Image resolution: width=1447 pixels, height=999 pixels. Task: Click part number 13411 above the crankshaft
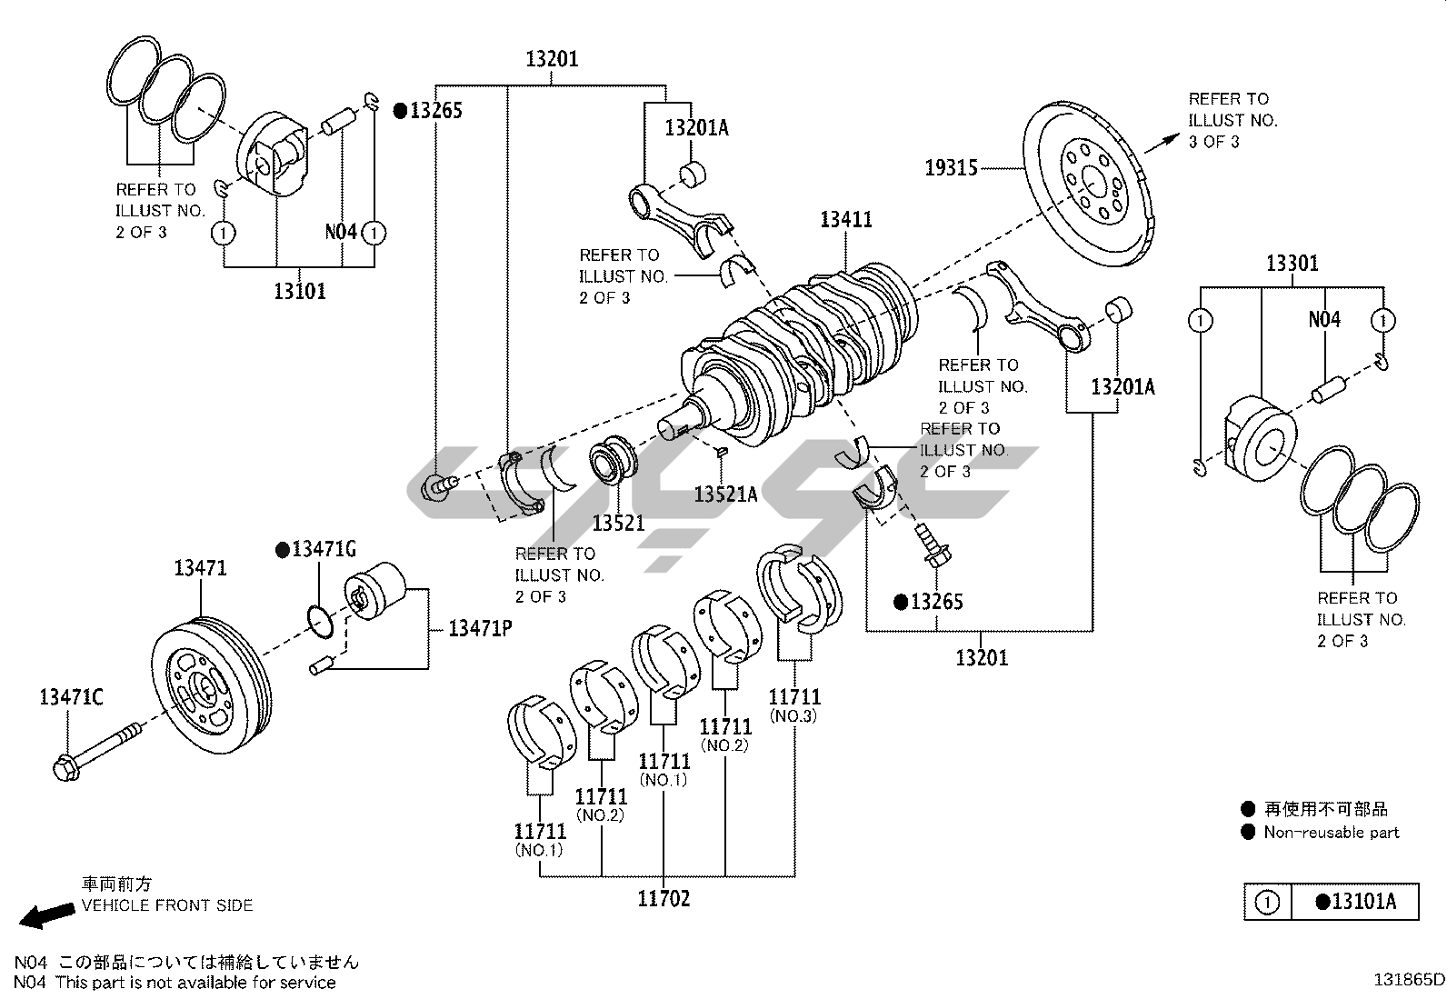point(845,219)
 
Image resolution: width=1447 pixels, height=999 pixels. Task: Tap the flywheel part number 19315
point(951,167)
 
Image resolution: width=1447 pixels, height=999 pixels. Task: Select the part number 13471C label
point(71,697)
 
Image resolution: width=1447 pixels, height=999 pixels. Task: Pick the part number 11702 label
point(664,899)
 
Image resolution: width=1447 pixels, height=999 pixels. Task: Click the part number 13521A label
point(725,495)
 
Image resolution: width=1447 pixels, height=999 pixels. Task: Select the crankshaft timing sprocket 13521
point(612,461)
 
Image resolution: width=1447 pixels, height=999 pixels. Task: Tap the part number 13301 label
point(1292,264)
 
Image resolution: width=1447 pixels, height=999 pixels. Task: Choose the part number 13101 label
point(299,292)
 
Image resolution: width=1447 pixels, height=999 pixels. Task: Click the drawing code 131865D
point(1408,980)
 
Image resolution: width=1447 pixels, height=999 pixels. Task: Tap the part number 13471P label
point(479,628)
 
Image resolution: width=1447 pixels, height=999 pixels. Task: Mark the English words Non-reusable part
point(1331,832)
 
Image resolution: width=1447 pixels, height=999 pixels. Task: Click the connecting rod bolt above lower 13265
point(933,544)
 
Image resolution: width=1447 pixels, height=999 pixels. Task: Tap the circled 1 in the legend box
point(1266,903)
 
